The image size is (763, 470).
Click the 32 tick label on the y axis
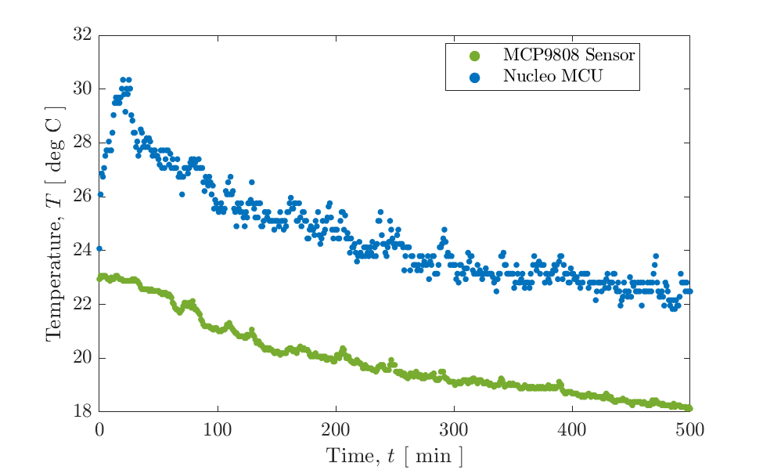[x=82, y=35]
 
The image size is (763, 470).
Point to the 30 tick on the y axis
[x=82, y=89]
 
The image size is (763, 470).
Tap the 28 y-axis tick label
[x=82, y=143]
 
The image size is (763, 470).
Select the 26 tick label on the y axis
[x=82, y=197]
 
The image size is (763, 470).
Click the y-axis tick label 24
[x=82, y=251]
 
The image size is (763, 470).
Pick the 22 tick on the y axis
[x=82, y=305]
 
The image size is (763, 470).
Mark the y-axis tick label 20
[x=82, y=358]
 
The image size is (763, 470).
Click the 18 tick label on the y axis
[x=82, y=412]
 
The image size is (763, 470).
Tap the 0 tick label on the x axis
[x=99, y=428]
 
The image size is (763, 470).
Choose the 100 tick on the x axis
[x=218, y=428]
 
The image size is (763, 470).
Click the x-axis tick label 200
[x=336, y=428]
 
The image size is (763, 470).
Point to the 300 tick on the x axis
[x=454, y=428]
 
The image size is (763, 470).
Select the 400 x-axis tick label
[x=572, y=428]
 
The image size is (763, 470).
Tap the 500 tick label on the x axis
[x=690, y=428]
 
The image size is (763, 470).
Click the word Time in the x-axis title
[x=347, y=456]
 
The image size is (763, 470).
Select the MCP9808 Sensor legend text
[x=568, y=56]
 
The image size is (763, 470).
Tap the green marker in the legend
[x=473, y=56]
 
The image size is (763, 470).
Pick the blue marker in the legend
[x=473, y=76]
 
